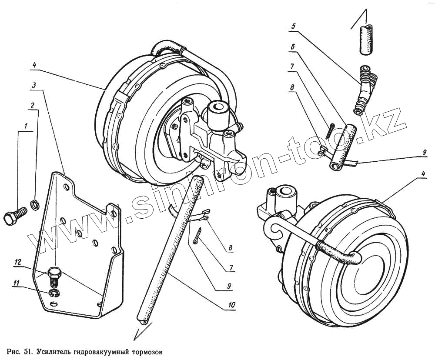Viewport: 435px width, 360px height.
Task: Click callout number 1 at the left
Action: [26, 127]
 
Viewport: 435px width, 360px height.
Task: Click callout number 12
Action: [17, 262]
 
